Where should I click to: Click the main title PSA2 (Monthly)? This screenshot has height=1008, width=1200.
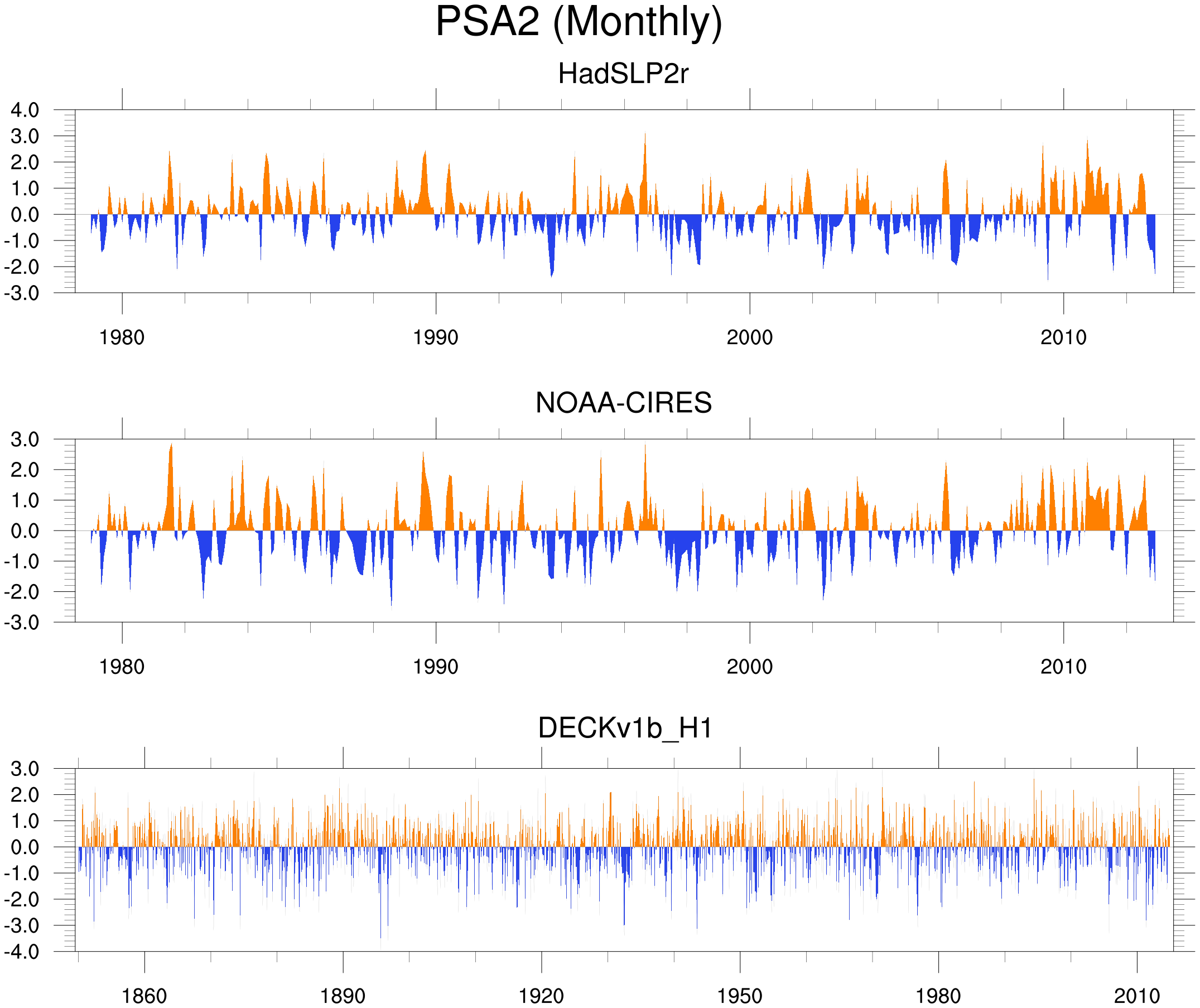click(579, 22)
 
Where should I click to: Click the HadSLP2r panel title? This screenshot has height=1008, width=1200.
click(623, 74)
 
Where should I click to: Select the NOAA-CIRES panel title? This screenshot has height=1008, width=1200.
click(623, 403)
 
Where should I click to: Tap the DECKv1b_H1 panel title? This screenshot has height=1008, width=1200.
click(625, 728)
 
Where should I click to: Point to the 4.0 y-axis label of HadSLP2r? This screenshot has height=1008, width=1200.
click(25, 110)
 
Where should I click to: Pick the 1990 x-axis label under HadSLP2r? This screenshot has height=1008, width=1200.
click(436, 337)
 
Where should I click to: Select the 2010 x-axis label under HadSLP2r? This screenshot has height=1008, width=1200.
click(1063, 337)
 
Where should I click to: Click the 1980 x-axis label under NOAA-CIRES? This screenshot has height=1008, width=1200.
click(122, 667)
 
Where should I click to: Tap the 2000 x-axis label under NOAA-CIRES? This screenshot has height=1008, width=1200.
click(749, 667)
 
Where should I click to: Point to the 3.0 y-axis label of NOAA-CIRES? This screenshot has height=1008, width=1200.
click(25, 440)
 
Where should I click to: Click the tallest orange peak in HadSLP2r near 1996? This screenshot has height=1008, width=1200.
click(645, 137)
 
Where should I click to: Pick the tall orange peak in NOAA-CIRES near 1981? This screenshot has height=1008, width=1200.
click(171, 447)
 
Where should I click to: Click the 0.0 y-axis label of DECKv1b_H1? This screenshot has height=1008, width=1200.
click(25, 847)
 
